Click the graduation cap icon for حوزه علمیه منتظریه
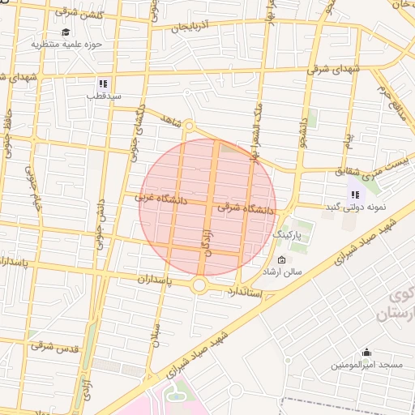(65, 32)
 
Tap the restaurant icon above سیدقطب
(103, 83)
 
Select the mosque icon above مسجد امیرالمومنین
(366, 352)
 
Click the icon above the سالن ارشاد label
(281, 260)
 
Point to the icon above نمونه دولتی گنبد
(354, 195)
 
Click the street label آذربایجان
(195, 27)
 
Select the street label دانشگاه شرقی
(246, 209)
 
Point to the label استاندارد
(245, 291)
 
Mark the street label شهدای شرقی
(334, 70)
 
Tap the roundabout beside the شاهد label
(189, 126)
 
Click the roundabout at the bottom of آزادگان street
(199, 285)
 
